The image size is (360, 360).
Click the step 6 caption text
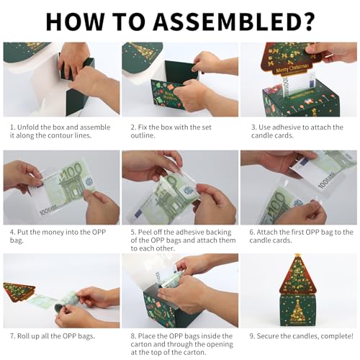(299, 236)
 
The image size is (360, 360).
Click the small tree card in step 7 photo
(19, 292)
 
